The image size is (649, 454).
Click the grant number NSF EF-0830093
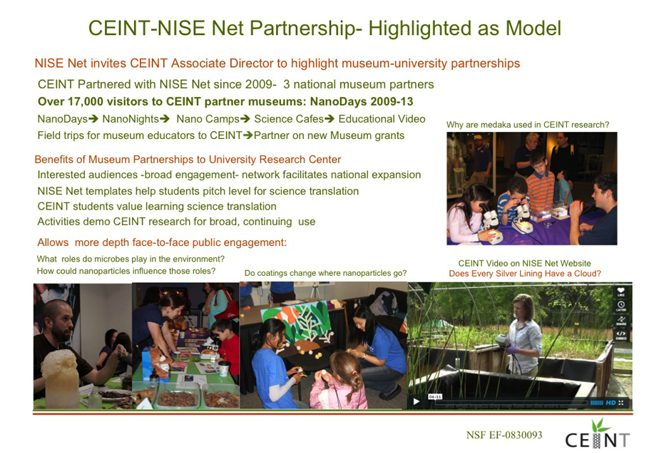(x=504, y=435)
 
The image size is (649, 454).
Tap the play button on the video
(x=417, y=401)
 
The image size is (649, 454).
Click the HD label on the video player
(x=611, y=402)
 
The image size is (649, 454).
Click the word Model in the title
(x=533, y=28)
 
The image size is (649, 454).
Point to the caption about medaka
(x=528, y=125)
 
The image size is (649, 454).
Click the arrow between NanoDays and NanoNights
(x=93, y=119)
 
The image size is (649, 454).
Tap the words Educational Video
(x=382, y=119)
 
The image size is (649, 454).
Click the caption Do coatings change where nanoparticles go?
(x=325, y=273)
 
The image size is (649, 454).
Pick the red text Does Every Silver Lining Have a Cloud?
(x=525, y=273)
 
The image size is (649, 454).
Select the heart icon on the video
(x=620, y=291)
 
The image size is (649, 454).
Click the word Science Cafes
(x=289, y=119)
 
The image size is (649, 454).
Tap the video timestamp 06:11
(x=435, y=396)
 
